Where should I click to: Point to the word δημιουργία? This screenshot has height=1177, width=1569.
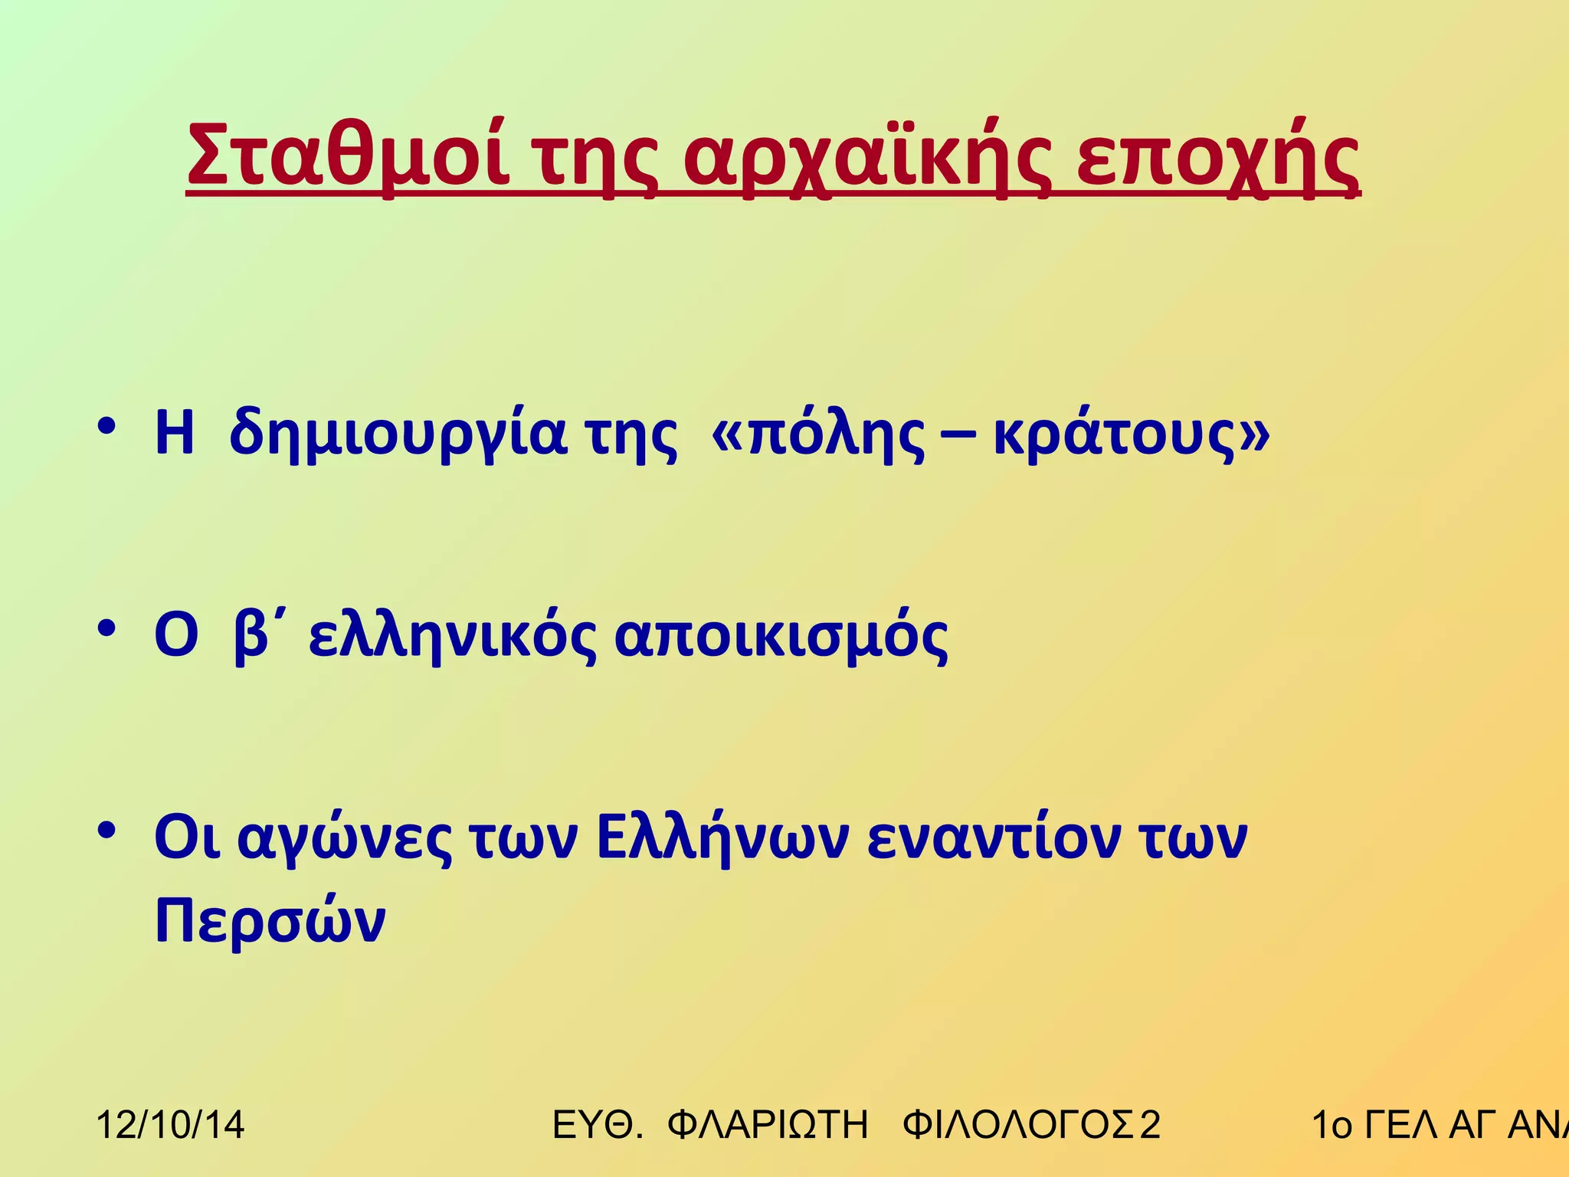(x=398, y=435)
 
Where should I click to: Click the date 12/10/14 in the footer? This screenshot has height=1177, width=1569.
(x=170, y=1125)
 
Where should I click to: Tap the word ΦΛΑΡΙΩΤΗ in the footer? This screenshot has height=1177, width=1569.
(x=768, y=1125)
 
